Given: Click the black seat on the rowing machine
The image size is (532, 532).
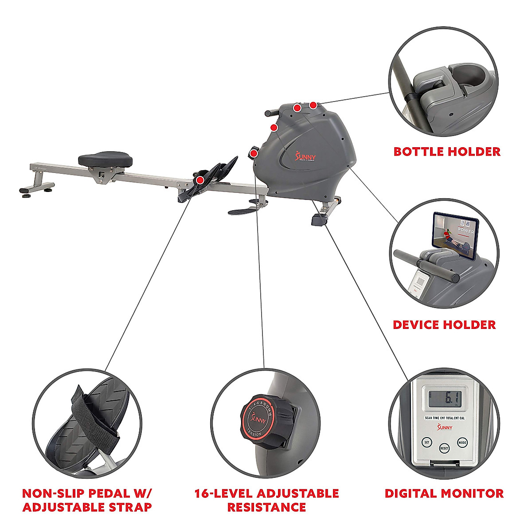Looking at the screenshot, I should [105, 158].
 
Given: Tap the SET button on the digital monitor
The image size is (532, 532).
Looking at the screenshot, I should [427, 442].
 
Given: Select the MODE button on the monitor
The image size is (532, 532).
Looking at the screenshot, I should [462, 442].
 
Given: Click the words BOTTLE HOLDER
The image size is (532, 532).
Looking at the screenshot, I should [447, 152].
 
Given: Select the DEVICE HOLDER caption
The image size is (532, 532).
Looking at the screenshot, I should [444, 325].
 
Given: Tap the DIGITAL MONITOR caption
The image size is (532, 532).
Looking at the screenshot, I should [444, 493].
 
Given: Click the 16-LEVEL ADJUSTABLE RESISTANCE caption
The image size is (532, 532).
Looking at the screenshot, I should [266, 500].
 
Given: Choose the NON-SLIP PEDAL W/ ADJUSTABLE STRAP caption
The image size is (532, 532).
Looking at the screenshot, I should [87, 500].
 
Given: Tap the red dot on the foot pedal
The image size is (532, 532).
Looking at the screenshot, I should [200, 180].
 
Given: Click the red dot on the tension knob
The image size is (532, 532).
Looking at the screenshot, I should [254, 154].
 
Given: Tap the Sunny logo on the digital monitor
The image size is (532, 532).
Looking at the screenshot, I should [445, 427].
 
